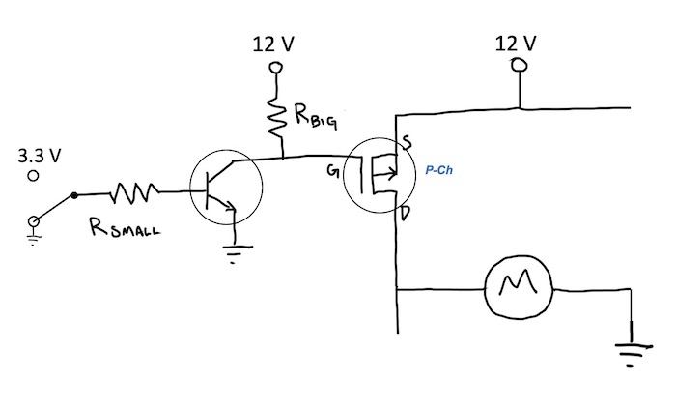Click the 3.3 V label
point(40,156)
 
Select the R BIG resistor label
point(316,117)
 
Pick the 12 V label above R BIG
point(273,44)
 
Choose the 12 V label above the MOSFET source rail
point(516,44)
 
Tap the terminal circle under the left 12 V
point(275,68)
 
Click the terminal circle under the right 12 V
point(519,65)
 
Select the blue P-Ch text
point(438,170)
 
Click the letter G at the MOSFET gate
point(332,171)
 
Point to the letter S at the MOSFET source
point(407,141)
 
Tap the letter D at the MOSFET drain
point(405,214)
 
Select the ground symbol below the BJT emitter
point(235,253)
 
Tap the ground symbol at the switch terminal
point(33,238)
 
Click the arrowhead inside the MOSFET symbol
point(392,174)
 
